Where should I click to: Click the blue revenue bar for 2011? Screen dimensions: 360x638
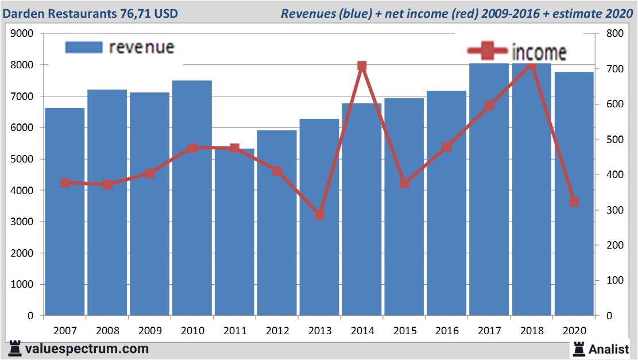234,241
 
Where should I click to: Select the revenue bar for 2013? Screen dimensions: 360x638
319,258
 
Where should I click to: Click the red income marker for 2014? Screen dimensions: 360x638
362,66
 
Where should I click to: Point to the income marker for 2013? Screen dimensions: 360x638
320,215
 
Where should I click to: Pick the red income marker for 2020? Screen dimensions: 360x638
574,202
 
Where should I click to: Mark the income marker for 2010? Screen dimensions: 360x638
192,148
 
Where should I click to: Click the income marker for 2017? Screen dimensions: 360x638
489,106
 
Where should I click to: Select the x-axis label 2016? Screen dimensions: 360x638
447,331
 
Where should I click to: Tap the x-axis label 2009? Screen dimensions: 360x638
150,331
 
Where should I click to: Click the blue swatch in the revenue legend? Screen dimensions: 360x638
84,47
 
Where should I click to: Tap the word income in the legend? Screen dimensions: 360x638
539,52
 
